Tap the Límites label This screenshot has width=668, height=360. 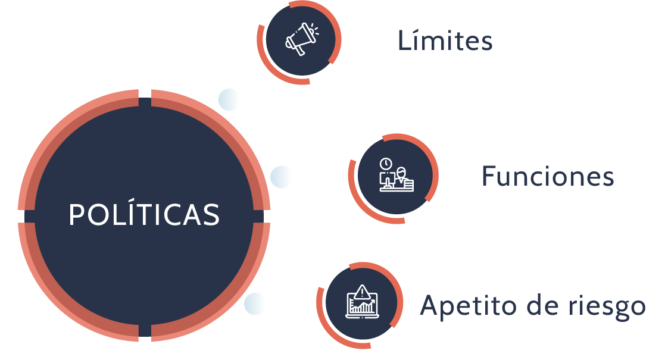click(445, 40)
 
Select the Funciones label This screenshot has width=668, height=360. click(548, 176)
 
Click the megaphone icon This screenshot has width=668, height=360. click(302, 39)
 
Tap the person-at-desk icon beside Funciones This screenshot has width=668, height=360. click(396, 175)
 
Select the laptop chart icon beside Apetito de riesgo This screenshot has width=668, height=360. click(362, 302)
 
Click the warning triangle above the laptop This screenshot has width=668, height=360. click(362, 292)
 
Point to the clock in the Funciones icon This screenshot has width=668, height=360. click(386, 164)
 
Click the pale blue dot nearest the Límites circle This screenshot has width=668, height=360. click(229, 100)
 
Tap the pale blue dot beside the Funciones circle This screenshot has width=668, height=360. click(281, 176)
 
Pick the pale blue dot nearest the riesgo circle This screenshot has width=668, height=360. click(255, 303)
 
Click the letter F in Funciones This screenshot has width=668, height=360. click(489, 176)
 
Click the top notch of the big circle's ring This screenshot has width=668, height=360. click(145, 98)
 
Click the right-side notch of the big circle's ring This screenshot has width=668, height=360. click(261, 217)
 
